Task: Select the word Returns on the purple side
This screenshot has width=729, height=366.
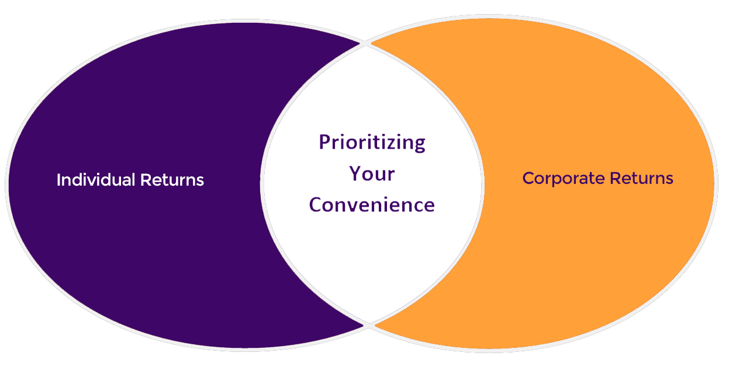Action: [x=172, y=180]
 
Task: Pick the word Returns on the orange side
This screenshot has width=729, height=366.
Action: [x=641, y=178]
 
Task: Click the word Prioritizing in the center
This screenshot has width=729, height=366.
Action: [x=372, y=143]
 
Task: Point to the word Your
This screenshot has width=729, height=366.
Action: [x=372, y=173]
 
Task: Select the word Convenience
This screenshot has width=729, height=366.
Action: [x=372, y=205]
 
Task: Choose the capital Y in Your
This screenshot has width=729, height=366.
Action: [x=355, y=173]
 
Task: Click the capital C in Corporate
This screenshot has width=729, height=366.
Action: [x=529, y=178]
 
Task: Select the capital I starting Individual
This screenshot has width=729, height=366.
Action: [x=58, y=180]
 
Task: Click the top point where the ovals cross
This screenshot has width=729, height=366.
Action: [x=365, y=43]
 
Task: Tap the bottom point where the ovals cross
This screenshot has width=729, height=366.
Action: [x=369, y=325]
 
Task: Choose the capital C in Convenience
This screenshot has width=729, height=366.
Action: [x=316, y=205]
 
